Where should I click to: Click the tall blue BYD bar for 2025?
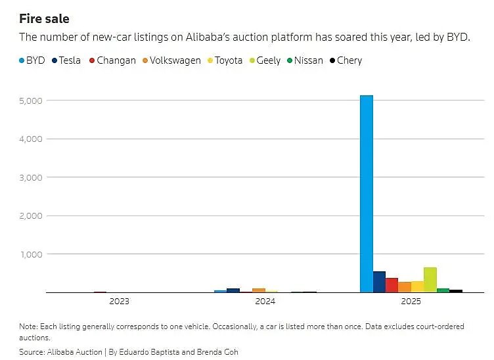[367, 194]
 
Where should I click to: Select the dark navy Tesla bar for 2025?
[379, 282]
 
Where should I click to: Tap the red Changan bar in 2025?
[392, 285]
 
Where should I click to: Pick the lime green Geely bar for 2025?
[430, 280]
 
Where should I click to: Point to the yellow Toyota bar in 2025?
[417, 286]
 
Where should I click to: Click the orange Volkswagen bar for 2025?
[405, 287]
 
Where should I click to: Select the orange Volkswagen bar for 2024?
[259, 290]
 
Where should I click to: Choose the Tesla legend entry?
[69, 60]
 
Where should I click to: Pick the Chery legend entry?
[349, 60]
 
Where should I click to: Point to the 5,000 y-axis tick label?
[32, 101]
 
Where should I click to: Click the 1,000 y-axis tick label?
[32, 254]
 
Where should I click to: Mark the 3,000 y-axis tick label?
[32, 177]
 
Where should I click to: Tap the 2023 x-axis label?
[120, 302]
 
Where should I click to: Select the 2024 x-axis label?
[265, 302]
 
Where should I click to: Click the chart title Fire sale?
[44, 19]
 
